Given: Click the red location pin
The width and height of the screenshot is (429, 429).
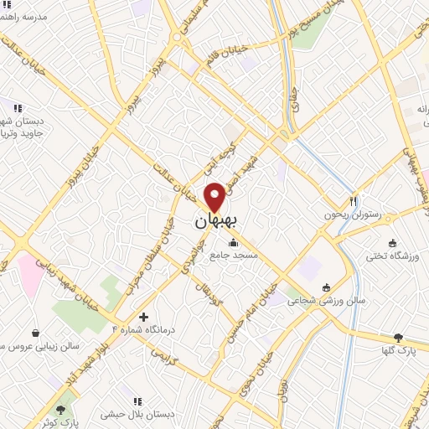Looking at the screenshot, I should click(x=215, y=197).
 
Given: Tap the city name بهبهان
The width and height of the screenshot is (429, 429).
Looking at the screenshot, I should click(x=216, y=221).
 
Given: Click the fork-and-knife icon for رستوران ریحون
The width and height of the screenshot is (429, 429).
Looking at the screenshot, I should click(x=354, y=201).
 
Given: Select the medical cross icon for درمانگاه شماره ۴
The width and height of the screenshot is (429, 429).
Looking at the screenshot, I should click(x=144, y=317).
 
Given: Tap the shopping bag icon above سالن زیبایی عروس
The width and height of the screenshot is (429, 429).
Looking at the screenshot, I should click(x=35, y=333).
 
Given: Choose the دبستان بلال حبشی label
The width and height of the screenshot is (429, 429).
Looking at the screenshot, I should click(x=137, y=414).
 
